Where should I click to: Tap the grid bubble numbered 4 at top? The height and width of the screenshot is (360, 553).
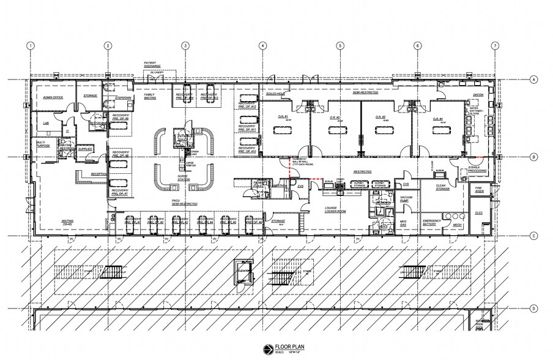(x=262, y=45)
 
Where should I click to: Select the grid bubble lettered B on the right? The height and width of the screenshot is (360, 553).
(x=533, y=157)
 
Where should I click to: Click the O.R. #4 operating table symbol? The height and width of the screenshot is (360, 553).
(x=438, y=130)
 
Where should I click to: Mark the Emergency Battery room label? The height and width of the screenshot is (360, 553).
(x=432, y=223)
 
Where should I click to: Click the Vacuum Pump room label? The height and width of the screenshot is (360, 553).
(x=404, y=199)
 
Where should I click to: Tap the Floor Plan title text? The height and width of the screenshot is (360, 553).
(x=284, y=345)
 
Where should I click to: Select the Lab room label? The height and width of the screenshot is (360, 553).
(x=45, y=122)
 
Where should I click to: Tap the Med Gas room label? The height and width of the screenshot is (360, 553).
(x=404, y=223)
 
